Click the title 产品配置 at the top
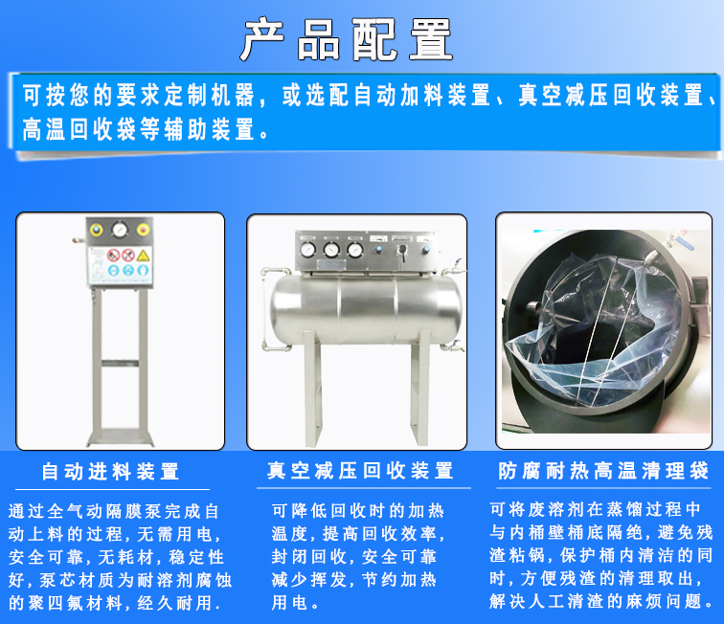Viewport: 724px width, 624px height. (x=347, y=39)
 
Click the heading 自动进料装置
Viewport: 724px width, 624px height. (x=110, y=472)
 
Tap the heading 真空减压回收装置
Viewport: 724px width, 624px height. (x=360, y=471)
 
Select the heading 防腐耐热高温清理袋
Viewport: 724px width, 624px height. (x=603, y=471)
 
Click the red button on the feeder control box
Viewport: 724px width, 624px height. (x=143, y=229)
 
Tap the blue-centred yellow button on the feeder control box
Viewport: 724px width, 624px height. (x=96, y=230)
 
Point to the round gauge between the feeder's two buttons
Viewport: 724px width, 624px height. (x=120, y=229)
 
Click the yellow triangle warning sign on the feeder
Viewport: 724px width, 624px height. (x=143, y=256)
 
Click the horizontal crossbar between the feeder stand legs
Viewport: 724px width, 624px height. (x=120, y=363)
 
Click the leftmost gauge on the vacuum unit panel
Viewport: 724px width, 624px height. (x=307, y=250)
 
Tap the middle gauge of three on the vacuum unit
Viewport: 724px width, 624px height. (x=331, y=250)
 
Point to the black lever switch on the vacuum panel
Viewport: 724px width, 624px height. (x=402, y=252)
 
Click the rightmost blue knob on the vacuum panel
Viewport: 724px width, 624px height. (x=426, y=250)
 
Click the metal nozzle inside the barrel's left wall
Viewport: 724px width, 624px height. (x=534, y=307)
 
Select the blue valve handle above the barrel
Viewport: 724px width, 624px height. (x=685, y=243)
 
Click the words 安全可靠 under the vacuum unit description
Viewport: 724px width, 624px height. (x=399, y=557)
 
